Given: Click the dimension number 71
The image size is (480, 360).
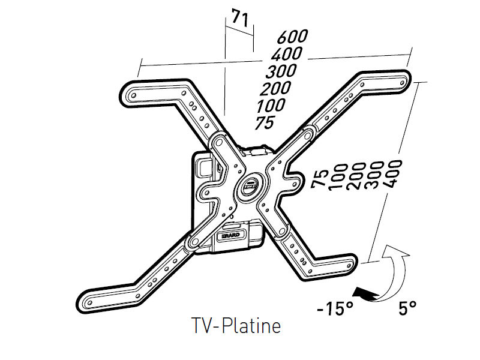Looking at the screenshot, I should (x=239, y=19).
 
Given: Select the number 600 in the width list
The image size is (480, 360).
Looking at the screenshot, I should (x=292, y=37).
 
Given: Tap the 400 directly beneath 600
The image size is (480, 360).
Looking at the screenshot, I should (x=287, y=55).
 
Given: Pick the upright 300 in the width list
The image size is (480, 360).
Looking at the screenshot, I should (x=281, y=71).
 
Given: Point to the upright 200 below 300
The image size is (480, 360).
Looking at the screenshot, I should (x=275, y=89).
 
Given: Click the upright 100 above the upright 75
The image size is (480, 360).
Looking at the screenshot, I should (x=270, y=106).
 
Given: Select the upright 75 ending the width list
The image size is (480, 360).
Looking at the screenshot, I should (x=265, y=123).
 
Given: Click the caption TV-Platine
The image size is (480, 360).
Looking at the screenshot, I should (x=236, y=328).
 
